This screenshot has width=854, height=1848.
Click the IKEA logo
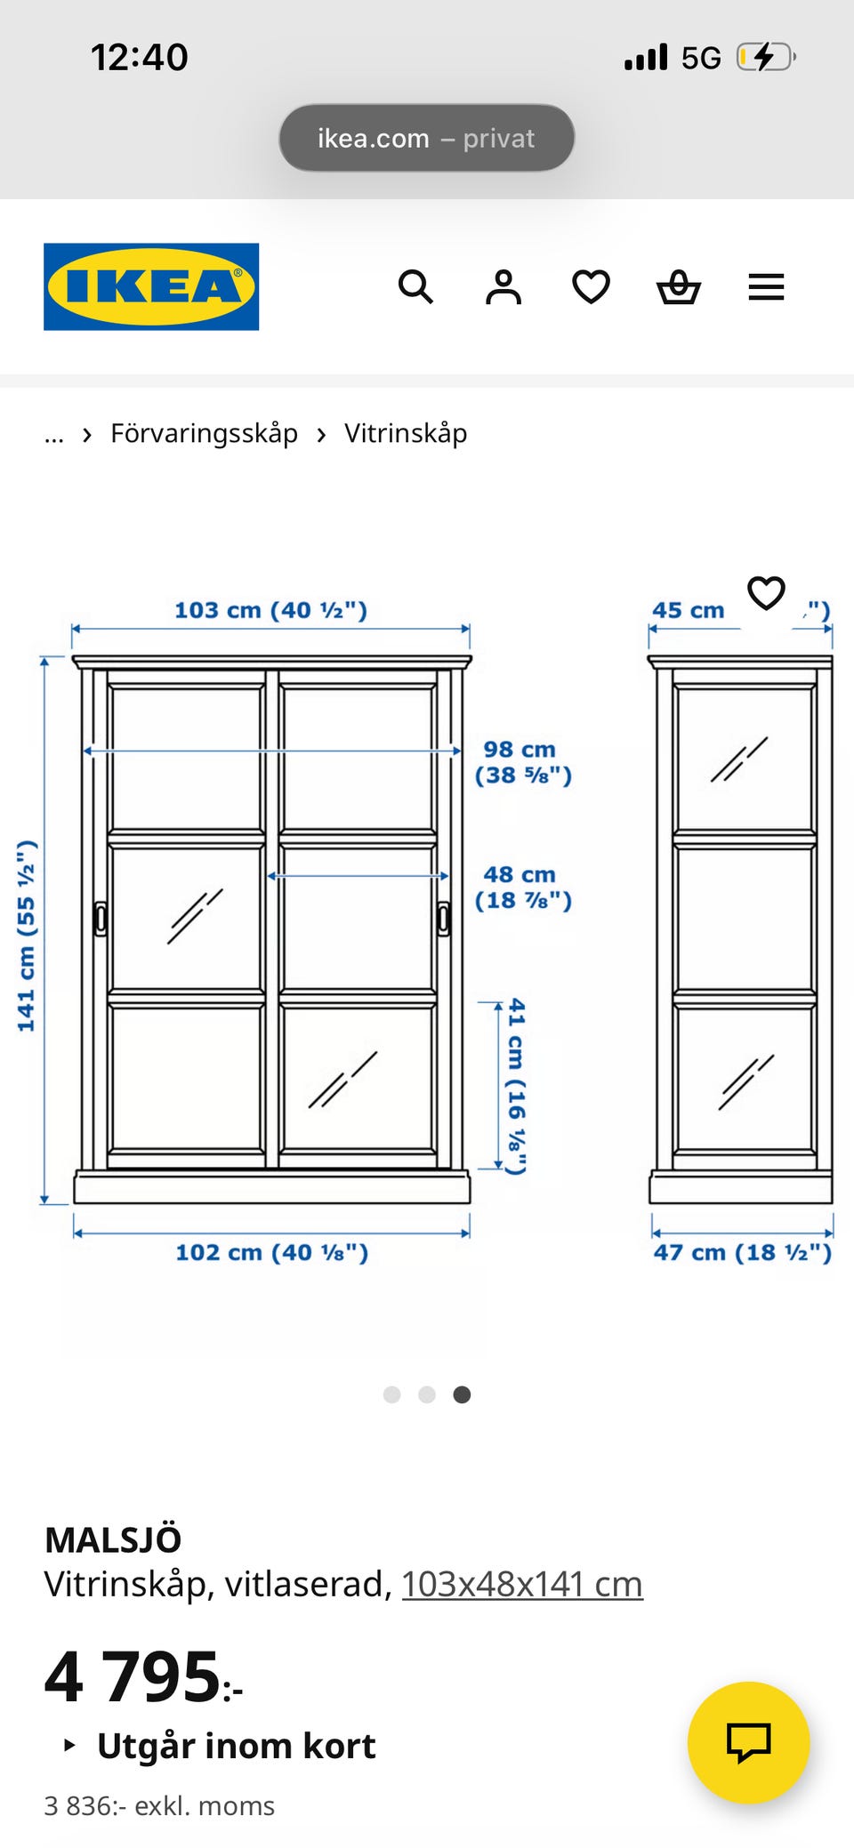tap(151, 286)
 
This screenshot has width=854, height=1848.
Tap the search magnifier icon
tap(415, 287)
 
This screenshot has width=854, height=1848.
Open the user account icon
tap(504, 287)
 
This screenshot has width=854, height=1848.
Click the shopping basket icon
tap(679, 287)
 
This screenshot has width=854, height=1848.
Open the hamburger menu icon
tap(766, 287)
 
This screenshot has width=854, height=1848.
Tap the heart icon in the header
tap(591, 287)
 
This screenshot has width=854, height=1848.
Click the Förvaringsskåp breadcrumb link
tap(204, 434)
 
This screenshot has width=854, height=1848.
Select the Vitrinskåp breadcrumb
tap(406, 434)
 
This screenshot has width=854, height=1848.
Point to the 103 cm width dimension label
tap(270, 610)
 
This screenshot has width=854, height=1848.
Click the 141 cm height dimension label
tap(27, 935)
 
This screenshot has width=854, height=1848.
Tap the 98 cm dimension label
tap(523, 762)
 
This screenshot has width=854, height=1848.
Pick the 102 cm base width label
tap(271, 1252)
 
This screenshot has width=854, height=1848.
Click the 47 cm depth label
tap(743, 1252)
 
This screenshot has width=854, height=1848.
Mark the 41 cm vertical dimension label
tap(516, 1086)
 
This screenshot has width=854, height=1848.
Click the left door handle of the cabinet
tap(101, 919)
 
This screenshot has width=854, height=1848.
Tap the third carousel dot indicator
tap(462, 1394)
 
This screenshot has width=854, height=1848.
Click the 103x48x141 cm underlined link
tap(522, 1584)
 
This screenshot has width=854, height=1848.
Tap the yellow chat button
tap(749, 1742)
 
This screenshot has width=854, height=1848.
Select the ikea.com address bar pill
tap(427, 138)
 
